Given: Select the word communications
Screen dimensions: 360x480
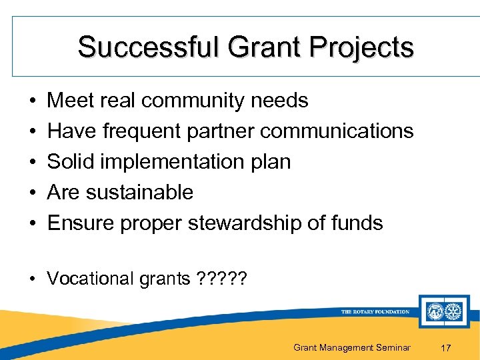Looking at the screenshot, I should pyautogui.click(x=337, y=131).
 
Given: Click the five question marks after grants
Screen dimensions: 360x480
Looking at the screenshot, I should pyautogui.click(x=222, y=278).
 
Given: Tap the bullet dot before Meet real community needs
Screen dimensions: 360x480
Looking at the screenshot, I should pyautogui.click(x=33, y=101).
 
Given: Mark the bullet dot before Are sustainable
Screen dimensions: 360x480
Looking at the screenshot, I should pyautogui.click(x=33, y=193).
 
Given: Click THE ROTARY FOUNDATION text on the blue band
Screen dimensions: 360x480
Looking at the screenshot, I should pyautogui.click(x=375, y=311).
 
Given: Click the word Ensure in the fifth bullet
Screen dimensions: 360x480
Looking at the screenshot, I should pyautogui.click(x=81, y=223).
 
